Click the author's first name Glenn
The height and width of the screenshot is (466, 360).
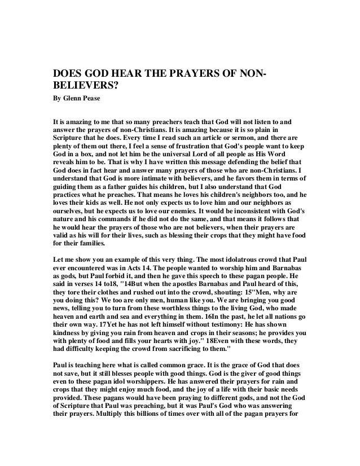pos(73,103)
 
